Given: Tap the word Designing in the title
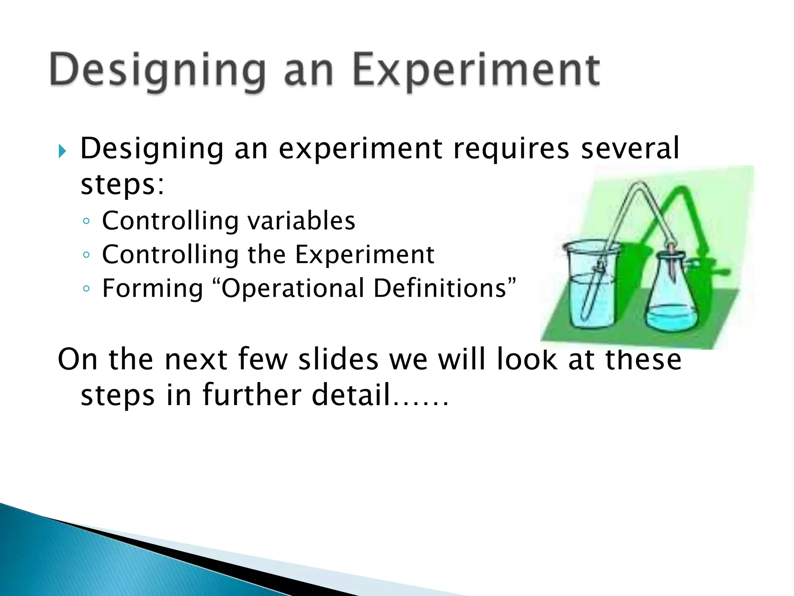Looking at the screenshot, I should pos(157,70).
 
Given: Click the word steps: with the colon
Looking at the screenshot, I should pos(122,184).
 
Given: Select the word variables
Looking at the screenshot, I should pos(301,221).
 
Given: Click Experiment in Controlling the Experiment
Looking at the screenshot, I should pos(364,255).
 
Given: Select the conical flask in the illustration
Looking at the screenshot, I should pos(671,299).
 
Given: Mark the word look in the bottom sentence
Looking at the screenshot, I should pos(527,359).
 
